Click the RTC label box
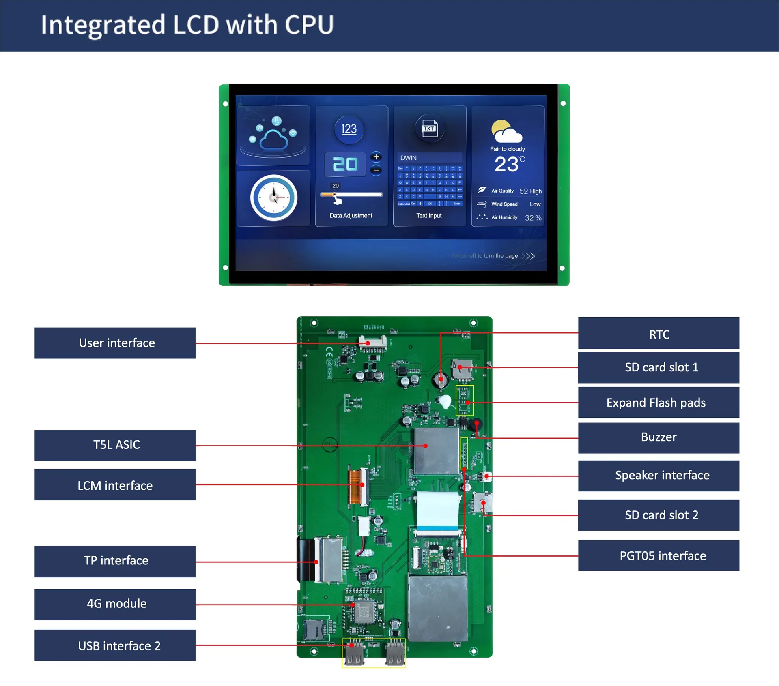click(658, 333)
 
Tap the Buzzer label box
click(658, 437)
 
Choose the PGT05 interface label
click(658, 555)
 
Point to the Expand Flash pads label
click(658, 403)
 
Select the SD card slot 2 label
click(658, 515)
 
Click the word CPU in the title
click(309, 25)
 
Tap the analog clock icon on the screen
click(273, 198)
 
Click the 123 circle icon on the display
click(349, 129)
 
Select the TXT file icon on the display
click(429, 129)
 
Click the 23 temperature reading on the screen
click(507, 165)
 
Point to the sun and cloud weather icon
click(506, 131)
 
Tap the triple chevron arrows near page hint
click(528, 256)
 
